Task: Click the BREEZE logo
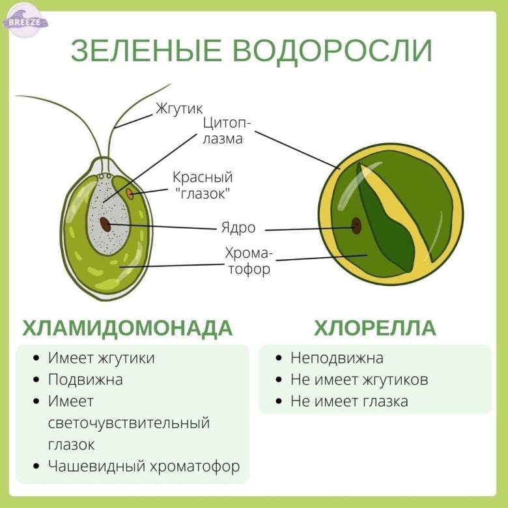tap(25, 21)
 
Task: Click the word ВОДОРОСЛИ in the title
tap(332, 51)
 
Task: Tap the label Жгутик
tap(179, 108)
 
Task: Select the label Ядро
tap(238, 227)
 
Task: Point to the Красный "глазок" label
tap(203, 186)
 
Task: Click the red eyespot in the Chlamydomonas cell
tap(130, 193)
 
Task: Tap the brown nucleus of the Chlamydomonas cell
tap(105, 224)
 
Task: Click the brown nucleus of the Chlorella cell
tap(356, 225)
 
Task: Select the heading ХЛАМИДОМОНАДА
tap(127, 328)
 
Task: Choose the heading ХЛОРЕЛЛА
tap(375, 328)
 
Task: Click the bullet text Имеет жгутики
tap(102, 358)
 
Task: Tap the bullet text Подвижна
tap(85, 380)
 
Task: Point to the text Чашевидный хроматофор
tap(144, 466)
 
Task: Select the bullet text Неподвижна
tap(337, 358)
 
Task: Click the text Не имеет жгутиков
tap(360, 380)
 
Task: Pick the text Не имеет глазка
tap(349, 401)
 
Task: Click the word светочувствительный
tap(129, 423)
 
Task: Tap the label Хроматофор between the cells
tap(249, 261)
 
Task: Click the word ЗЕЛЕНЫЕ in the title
tap(146, 51)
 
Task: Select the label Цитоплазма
tap(227, 131)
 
